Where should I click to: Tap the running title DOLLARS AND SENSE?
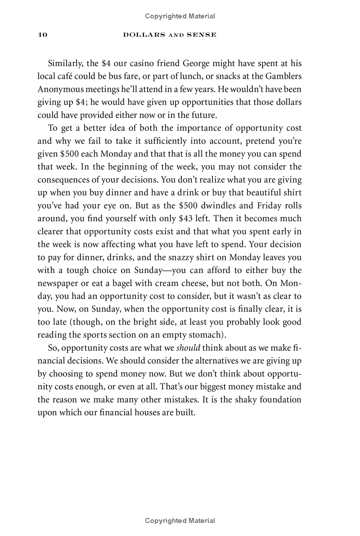(170, 35)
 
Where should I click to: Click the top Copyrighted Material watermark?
(180, 16)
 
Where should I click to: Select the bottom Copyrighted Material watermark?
(180, 521)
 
